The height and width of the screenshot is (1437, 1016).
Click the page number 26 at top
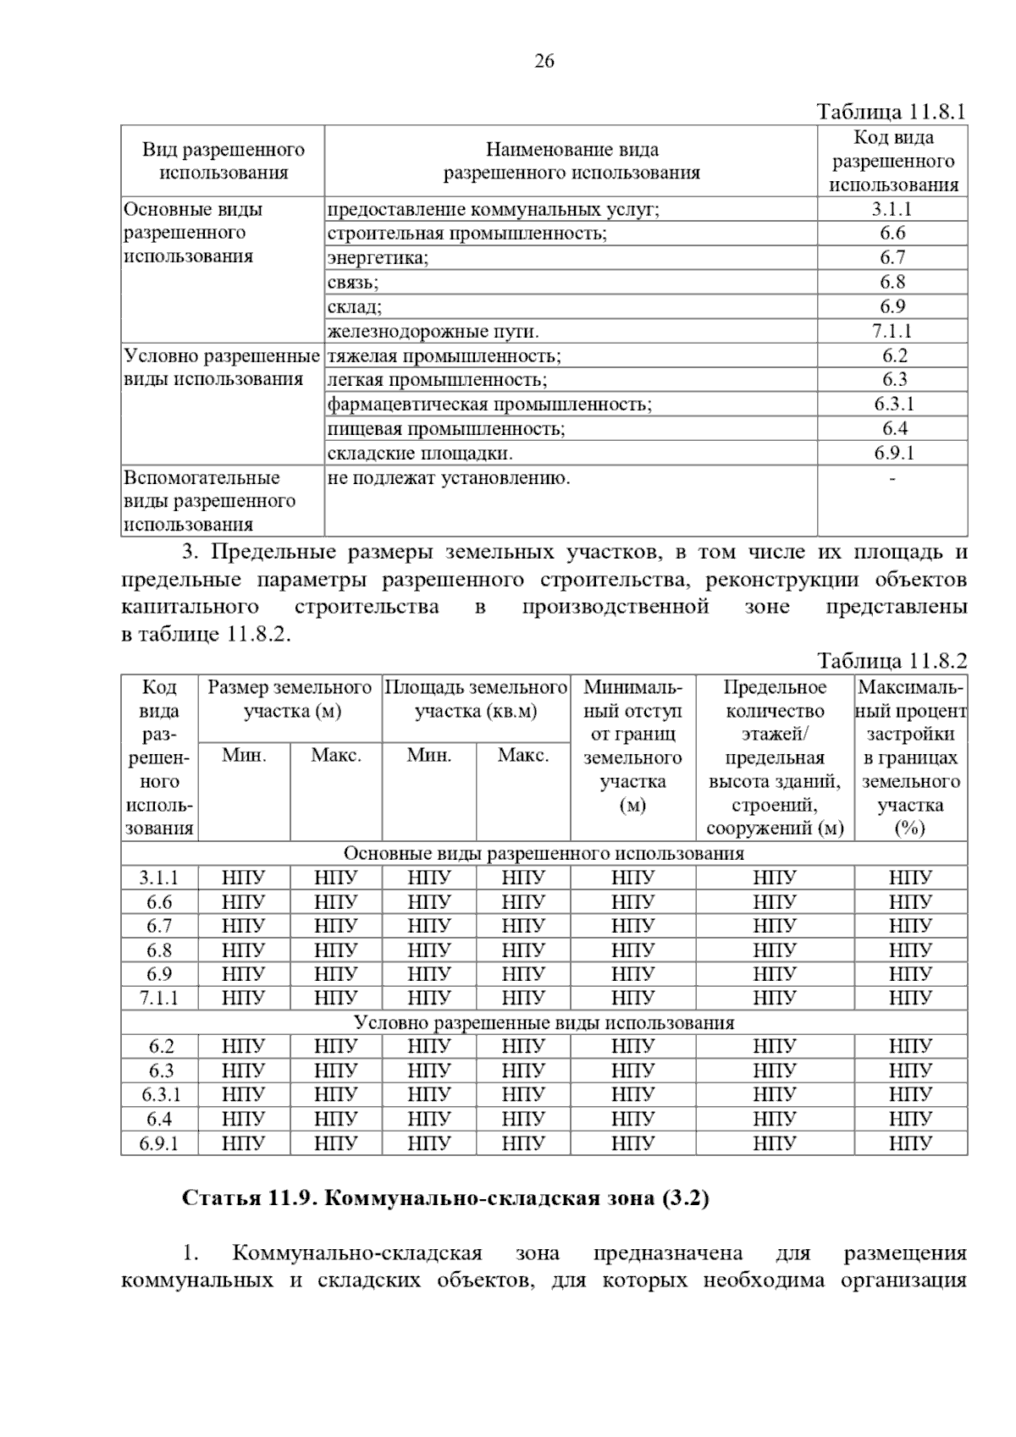coord(544,61)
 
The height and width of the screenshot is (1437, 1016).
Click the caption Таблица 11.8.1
coord(891,112)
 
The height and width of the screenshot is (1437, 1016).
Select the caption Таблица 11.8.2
coord(891,661)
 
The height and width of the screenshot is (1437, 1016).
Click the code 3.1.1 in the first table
coord(892,209)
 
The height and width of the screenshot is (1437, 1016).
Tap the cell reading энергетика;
coord(378,258)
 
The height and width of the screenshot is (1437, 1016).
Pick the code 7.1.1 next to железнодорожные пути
coord(892,331)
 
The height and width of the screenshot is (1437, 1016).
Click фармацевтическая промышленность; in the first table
coord(489,404)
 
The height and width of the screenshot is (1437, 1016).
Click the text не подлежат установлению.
coord(449,478)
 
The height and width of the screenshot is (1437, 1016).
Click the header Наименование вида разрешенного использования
coord(571,161)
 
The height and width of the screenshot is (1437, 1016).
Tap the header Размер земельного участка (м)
coord(290,699)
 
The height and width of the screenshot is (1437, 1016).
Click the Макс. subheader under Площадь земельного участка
coord(522,755)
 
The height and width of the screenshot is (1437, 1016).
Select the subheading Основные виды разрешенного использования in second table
coord(544,853)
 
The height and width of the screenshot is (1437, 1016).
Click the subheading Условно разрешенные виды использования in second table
coord(544,1022)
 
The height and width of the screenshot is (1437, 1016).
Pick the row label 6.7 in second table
coord(159,926)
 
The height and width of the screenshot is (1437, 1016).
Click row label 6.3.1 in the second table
coord(160,1095)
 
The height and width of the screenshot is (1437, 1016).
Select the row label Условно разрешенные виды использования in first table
coord(222,367)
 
